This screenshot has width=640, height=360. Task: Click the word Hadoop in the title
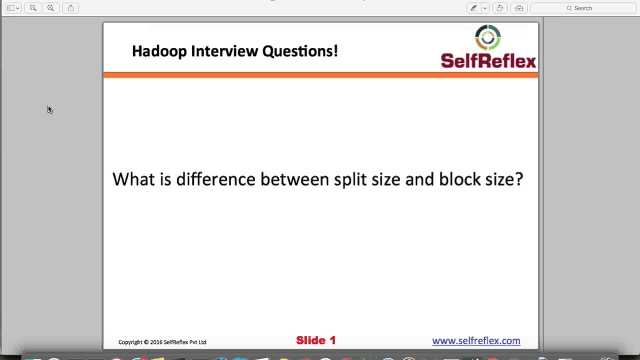tap(159, 51)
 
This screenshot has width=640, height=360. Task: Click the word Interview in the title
tap(224, 51)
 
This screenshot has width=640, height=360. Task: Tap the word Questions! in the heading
tap(300, 51)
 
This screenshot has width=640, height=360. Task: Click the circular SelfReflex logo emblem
tap(487, 37)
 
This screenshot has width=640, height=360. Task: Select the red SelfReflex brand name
tap(488, 61)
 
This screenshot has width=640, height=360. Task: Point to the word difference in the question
tap(215, 179)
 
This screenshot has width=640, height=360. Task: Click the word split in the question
tap(350, 179)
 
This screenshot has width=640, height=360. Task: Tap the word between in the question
tap(294, 179)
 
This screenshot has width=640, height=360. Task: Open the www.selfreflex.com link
tap(476, 341)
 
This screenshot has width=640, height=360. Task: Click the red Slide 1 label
tap(315, 340)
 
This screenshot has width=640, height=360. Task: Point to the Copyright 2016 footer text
tap(162, 342)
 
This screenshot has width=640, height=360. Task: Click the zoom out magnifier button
tap(33, 8)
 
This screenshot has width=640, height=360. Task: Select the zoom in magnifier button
tap(50, 8)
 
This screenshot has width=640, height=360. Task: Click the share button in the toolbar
tap(70, 8)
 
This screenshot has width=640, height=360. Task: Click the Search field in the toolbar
tap(583, 8)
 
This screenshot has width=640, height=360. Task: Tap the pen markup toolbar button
tap(473, 8)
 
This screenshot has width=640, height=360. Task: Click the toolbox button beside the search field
tap(519, 8)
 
